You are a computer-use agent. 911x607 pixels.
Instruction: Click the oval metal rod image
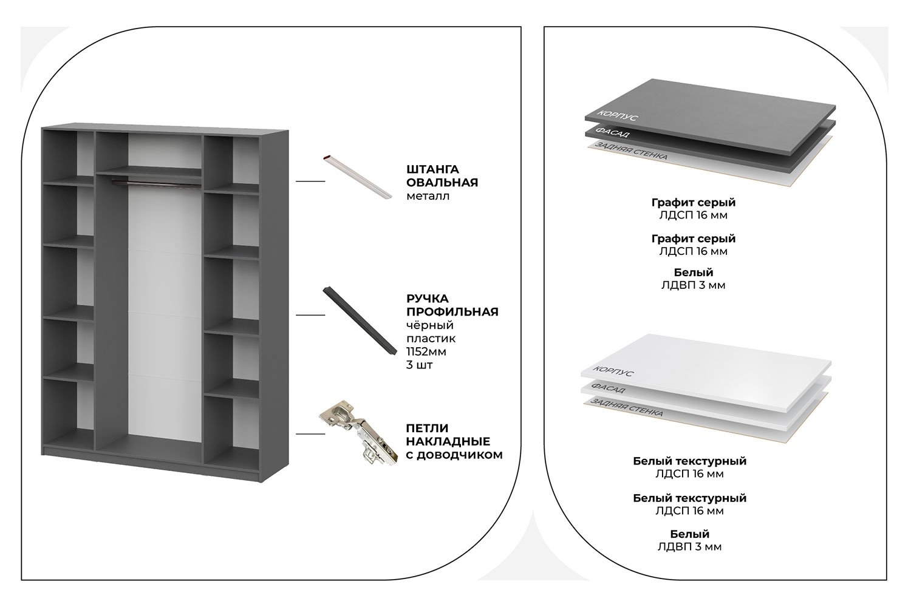tap(357, 177)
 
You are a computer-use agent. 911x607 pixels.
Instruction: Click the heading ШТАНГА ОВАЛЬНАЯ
tap(442, 175)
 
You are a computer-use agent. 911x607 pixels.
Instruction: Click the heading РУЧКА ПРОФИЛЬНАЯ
tap(452, 305)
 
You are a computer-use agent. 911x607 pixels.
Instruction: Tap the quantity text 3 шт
tap(419, 365)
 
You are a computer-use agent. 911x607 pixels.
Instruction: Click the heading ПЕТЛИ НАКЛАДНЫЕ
tap(448, 435)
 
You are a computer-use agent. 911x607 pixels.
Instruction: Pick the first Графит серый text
tap(693, 202)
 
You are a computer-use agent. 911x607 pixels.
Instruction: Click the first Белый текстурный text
tap(689, 461)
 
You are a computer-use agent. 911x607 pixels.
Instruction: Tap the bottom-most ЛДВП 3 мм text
tap(689, 547)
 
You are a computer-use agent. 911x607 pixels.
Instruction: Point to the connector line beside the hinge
tap(310, 434)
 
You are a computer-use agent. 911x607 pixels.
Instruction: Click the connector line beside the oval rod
tap(310, 181)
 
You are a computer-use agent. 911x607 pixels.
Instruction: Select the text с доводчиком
tap(454, 455)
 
